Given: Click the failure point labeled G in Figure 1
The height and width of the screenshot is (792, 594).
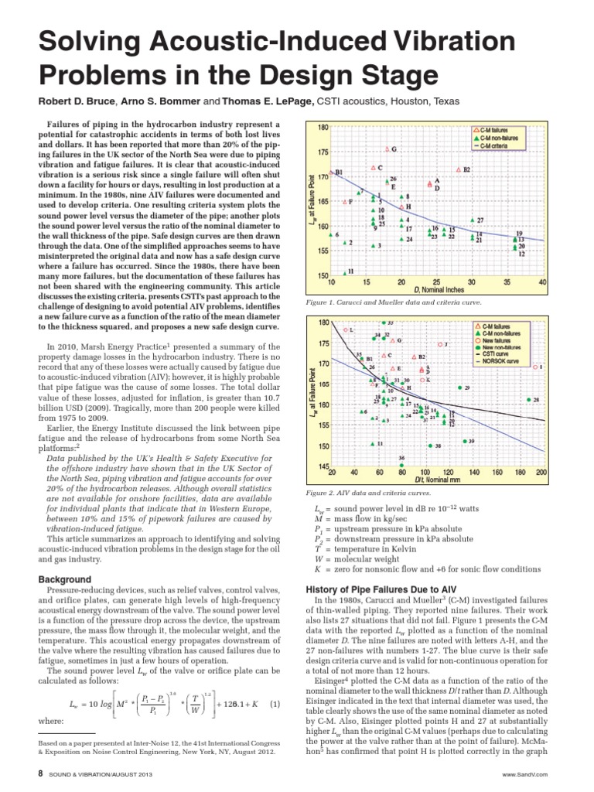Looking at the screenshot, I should click(387, 148).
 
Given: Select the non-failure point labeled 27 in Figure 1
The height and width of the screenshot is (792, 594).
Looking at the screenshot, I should click(471, 221).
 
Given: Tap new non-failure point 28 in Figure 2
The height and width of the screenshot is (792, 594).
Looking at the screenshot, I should click(527, 400).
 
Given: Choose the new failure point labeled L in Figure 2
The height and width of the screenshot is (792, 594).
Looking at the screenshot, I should click(345, 330).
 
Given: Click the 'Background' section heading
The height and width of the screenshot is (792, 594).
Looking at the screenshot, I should click(65, 579).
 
